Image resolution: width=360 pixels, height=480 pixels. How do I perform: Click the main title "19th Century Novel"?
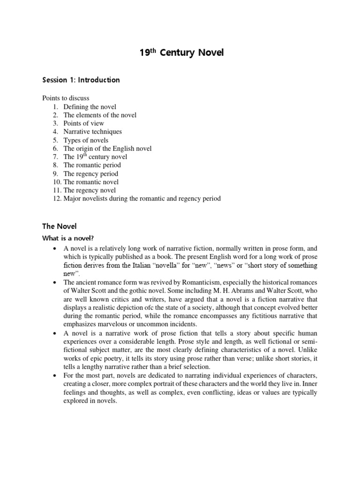(182, 52)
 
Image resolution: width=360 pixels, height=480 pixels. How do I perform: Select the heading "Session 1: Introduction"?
(81, 80)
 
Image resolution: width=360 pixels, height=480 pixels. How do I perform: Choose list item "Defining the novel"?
(90, 107)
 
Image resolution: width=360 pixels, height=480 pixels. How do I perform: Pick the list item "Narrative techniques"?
(92, 132)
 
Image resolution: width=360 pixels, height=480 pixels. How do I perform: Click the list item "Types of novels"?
(86, 140)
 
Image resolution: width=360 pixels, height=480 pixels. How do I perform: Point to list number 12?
(57, 199)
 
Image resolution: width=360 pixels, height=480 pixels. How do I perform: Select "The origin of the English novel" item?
(107, 149)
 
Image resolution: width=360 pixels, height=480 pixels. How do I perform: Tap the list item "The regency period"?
(91, 173)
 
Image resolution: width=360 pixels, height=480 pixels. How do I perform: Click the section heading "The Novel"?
(59, 226)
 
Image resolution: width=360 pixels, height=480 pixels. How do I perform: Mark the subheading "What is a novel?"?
(69, 238)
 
